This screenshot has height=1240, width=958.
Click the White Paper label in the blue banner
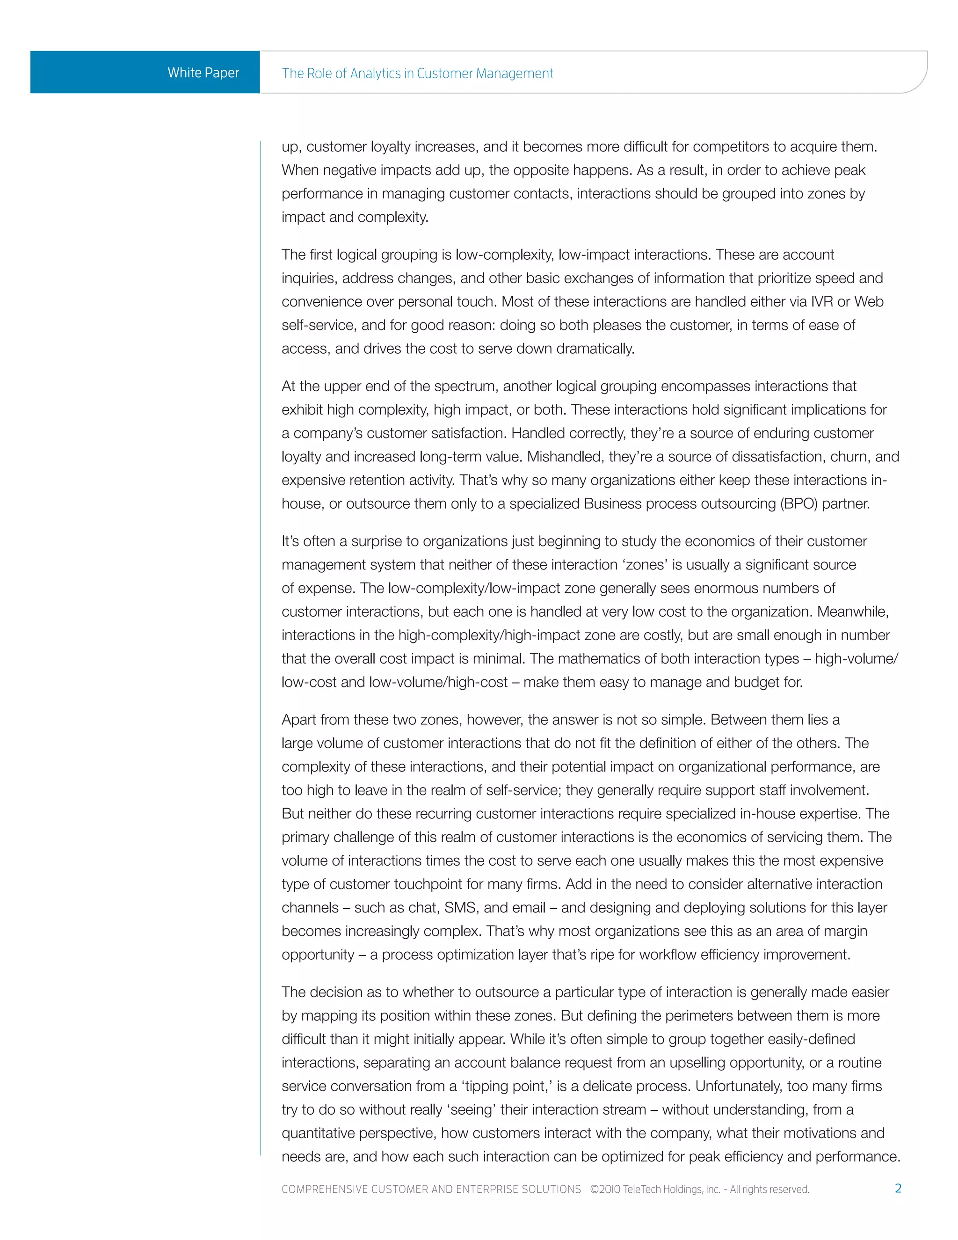coord(203,73)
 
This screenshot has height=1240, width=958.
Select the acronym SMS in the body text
coord(461,907)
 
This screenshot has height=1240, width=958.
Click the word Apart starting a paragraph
coord(298,719)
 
